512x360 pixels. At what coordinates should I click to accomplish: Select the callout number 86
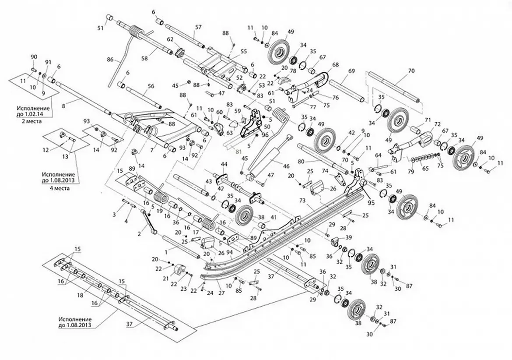[x=110, y=60]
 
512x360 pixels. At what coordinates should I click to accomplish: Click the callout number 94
[x=230, y=251]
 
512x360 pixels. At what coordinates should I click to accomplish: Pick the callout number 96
[x=265, y=134]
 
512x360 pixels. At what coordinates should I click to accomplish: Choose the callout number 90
[x=34, y=57]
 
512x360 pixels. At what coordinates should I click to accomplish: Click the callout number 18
[x=81, y=295]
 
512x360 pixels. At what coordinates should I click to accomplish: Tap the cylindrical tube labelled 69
[x=347, y=91]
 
